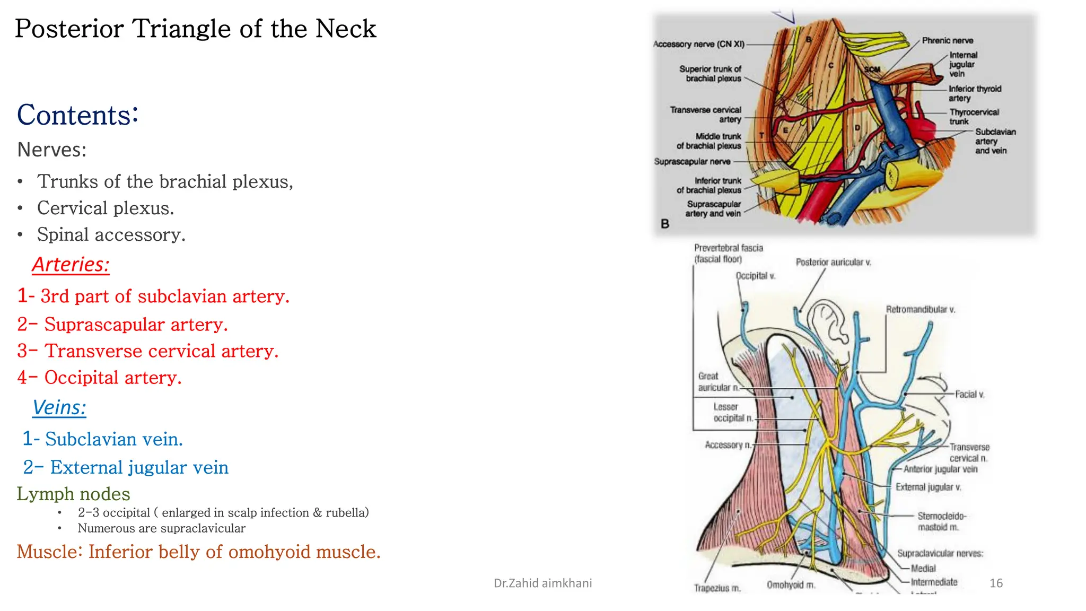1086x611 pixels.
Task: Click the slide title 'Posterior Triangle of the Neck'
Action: click(x=195, y=29)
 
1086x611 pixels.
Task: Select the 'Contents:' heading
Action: click(x=77, y=115)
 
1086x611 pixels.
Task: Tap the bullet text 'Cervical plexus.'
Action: click(x=105, y=208)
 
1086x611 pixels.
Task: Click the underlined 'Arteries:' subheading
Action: click(x=71, y=264)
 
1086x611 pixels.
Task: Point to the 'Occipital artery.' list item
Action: click(x=112, y=378)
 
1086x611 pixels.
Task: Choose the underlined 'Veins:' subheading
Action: click(x=59, y=407)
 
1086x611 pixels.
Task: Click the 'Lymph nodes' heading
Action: click(x=73, y=494)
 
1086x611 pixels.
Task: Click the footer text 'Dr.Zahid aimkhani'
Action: click(x=542, y=583)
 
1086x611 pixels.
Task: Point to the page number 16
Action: click(x=996, y=583)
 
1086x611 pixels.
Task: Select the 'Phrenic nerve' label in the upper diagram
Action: click(x=947, y=40)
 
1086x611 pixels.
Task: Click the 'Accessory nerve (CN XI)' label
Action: click(x=698, y=44)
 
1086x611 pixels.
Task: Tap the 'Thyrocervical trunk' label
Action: click(x=974, y=117)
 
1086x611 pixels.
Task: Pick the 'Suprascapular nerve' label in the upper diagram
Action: click(x=692, y=161)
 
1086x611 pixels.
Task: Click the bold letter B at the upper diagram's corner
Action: click(x=665, y=224)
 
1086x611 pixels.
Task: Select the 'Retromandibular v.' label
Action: click(x=920, y=309)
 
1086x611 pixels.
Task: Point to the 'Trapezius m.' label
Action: click(x=717, y=588)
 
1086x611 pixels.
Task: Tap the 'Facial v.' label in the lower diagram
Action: click(x=969, y=394)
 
